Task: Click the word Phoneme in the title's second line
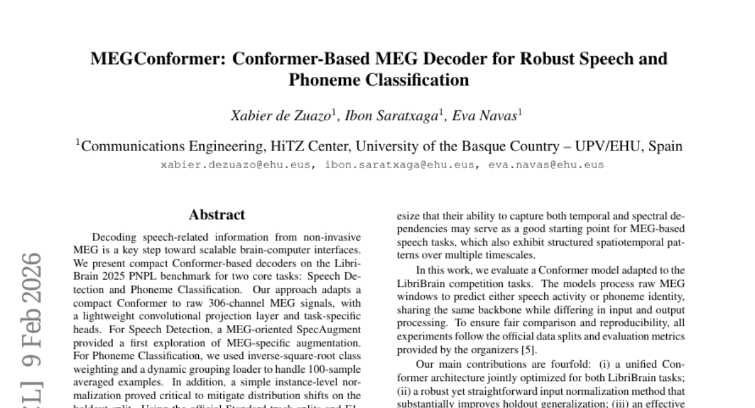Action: coord(322,80)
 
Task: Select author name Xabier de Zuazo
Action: coord(270,116)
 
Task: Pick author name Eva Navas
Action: coord(486,116)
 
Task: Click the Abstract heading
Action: coord(216,215)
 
